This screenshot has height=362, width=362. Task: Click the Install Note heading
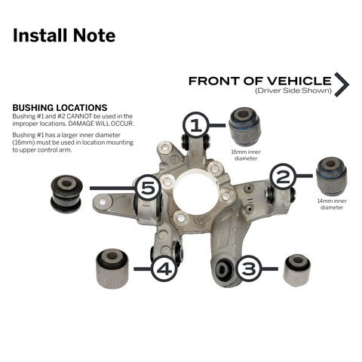click(64, 35)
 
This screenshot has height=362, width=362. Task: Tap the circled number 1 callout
click(196, 124)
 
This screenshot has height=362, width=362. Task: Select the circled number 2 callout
click(283, 177)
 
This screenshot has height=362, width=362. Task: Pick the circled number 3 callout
click(250, 266)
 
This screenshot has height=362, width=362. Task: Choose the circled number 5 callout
click(149, 187)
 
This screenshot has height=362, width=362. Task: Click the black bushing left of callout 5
click(66, 193)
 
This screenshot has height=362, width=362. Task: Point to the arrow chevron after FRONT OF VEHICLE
click(342, 85)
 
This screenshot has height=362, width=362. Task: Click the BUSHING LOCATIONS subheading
click(60, 108)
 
